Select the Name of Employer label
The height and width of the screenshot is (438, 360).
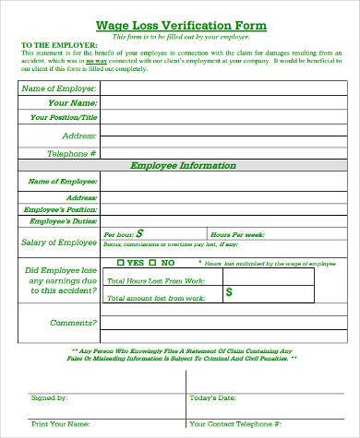58,87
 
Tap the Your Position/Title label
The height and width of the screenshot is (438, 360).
64,117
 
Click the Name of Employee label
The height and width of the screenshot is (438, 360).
65,182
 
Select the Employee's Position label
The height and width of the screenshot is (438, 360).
63,209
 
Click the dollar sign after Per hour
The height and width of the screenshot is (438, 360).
139,234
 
